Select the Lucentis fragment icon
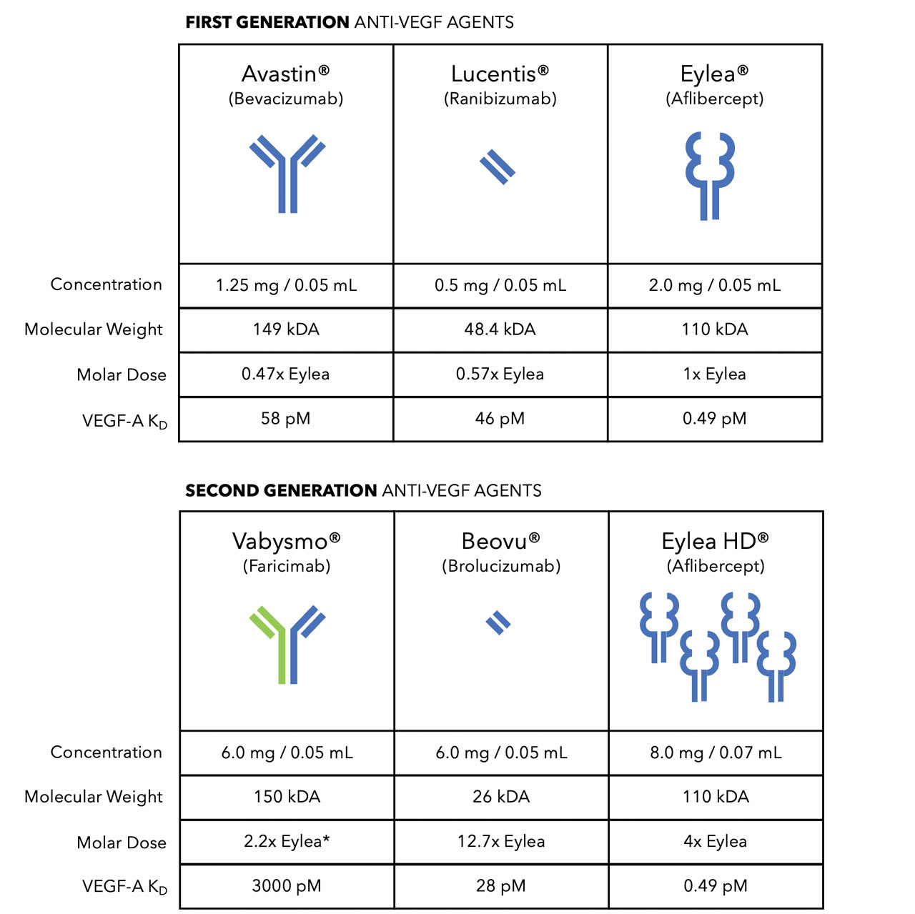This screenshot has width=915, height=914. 498,167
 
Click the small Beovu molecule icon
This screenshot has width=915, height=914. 498,623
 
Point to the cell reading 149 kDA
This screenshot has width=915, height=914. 286,329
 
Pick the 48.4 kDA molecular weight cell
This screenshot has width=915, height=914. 500,329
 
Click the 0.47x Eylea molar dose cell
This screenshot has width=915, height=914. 286,374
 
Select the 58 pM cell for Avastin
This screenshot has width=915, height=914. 286,419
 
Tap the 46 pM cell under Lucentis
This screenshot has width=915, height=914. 500,419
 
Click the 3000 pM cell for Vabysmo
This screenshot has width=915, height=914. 287,886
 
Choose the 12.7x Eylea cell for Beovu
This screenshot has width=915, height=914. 501,842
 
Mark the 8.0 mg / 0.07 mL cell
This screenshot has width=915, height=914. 716,752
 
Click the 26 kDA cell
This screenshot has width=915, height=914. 501,797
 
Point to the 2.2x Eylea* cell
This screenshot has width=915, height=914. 287,842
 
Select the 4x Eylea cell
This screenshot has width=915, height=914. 716,842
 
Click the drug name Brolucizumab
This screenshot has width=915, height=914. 501,567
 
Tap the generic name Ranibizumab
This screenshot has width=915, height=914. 500,99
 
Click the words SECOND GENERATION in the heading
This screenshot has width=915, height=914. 281,491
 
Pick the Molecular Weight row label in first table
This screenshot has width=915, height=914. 94,329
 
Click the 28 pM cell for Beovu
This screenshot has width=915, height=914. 501,886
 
